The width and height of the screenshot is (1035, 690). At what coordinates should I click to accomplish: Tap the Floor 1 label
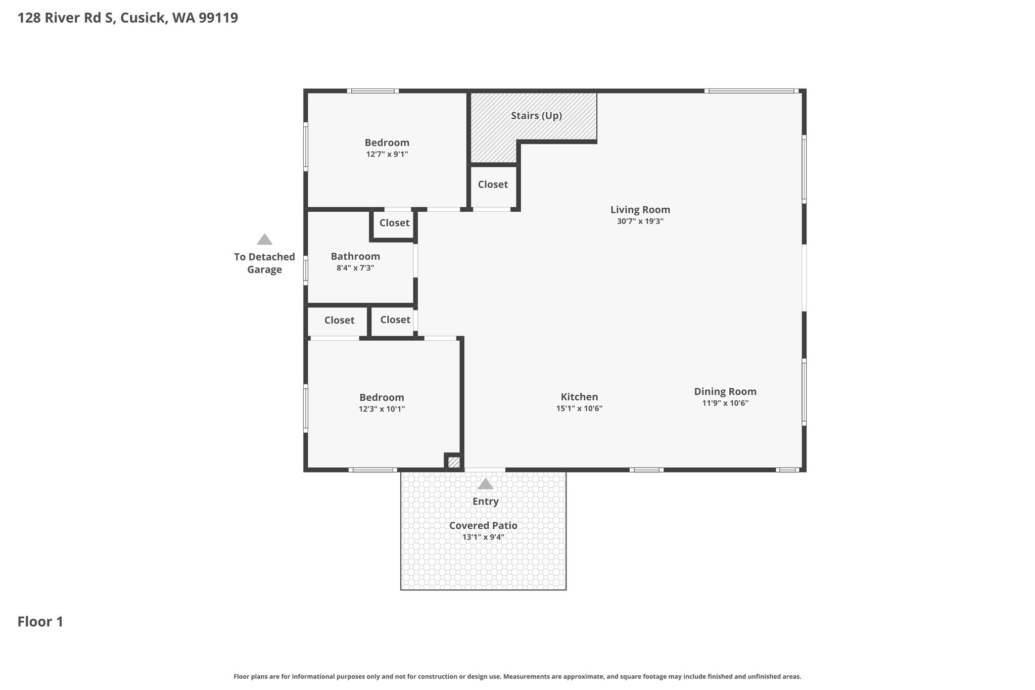40,622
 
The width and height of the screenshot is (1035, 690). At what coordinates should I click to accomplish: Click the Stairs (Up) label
536,116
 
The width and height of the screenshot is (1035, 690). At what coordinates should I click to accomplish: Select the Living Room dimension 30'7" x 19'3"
640,221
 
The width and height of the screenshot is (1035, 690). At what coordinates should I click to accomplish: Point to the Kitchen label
579,397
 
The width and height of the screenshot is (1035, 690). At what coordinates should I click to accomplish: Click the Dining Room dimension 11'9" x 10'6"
725,403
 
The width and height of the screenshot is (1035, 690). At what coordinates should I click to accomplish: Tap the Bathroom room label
355,256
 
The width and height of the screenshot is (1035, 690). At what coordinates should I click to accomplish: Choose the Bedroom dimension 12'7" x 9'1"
387,154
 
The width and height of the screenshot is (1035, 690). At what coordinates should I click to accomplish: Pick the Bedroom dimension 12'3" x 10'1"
382,409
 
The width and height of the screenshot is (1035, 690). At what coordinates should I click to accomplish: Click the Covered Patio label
483,525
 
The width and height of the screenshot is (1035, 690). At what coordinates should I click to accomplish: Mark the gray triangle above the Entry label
485,484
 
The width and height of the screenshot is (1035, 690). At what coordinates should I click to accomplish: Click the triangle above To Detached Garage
264,239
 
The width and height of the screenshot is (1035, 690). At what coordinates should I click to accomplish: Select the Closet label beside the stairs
493,185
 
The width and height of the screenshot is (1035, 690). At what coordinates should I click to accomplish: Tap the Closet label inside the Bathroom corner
394,223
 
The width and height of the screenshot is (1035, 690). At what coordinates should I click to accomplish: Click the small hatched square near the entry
454,462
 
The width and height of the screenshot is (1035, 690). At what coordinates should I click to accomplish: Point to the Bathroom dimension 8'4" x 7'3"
355,268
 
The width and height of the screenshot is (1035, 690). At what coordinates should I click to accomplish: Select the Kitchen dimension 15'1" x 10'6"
579,408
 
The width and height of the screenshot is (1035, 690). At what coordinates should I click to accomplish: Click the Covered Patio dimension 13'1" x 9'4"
483,537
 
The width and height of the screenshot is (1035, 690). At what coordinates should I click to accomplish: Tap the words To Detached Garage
264,263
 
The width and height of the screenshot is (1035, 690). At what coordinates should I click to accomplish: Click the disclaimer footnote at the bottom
517,677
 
